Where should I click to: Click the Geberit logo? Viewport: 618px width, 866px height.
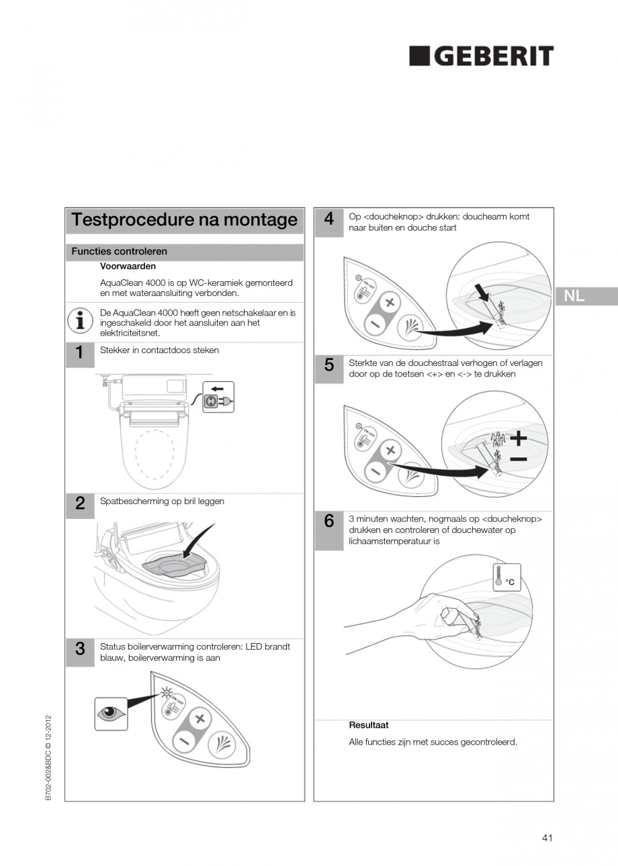[482, 56]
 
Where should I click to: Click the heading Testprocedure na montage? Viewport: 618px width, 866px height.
[184, 220]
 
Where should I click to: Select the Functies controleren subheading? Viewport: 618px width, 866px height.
[120, 252]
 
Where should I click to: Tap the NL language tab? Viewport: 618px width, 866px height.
[574, 296]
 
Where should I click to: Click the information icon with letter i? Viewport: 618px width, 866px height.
[80, 321]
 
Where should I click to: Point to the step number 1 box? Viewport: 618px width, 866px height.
[80, 353]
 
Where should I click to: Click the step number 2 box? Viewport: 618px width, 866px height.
[80, 504]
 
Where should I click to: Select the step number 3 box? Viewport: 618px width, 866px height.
[80, 649]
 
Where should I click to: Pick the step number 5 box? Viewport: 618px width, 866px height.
[329, 366]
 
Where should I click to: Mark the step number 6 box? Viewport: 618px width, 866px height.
[329, 522]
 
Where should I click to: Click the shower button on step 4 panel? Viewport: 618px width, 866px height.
[410, 328]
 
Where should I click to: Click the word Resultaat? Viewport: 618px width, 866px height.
[368, 726]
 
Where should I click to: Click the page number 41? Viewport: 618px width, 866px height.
[547, 838]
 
